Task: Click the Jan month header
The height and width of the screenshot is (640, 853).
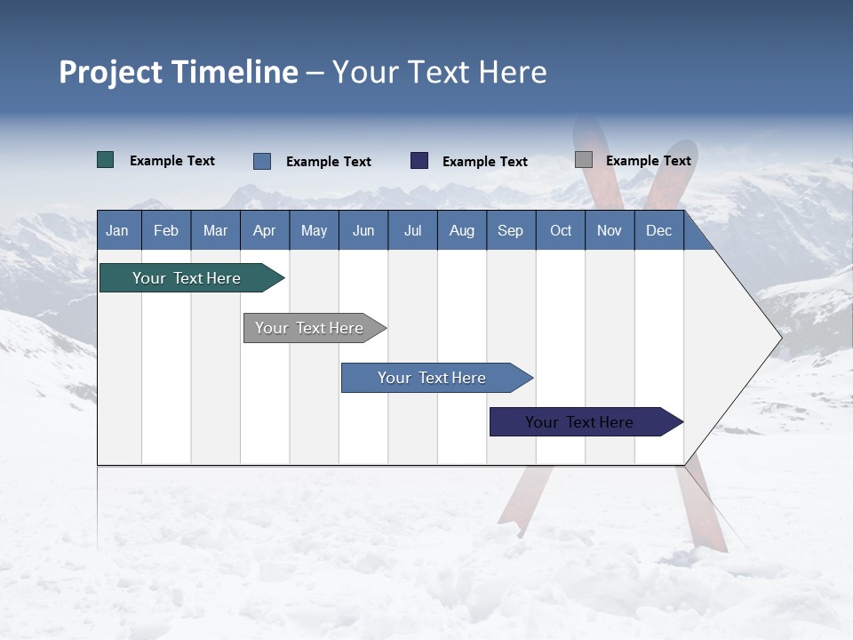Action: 117,231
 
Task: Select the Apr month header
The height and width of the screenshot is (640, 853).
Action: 264,231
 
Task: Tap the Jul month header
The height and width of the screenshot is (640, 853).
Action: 412,231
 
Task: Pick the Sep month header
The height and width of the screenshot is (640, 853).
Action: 510,231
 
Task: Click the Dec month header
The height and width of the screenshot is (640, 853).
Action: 658,231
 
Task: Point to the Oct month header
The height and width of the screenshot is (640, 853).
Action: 561,231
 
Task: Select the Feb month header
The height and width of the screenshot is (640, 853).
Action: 166,231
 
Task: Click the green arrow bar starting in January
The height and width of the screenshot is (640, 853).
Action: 187,278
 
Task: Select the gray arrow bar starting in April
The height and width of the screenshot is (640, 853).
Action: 309,328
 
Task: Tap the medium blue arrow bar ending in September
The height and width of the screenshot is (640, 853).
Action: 432,378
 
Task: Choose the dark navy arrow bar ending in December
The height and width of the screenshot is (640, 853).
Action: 579,422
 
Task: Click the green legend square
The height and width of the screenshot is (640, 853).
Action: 106,160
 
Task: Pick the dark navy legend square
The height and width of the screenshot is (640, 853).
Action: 419,161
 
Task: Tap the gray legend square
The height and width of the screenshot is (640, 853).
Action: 584,160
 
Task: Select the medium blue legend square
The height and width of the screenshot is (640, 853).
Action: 262,161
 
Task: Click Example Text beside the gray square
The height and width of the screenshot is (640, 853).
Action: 648,161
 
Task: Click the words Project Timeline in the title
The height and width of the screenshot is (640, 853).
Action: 178,72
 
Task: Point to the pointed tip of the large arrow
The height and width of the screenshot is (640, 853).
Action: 780,338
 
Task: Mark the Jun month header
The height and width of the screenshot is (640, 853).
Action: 363,231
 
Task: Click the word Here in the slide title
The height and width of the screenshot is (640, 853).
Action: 513,72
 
